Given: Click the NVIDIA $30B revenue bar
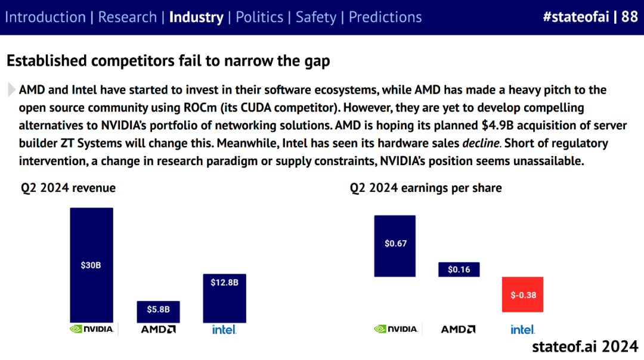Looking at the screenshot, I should pos(91,265).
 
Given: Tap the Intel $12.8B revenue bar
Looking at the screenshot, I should pos(224,298).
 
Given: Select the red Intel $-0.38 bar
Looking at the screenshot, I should pos(522,294).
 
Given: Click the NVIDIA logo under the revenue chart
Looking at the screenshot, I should pos(92,329).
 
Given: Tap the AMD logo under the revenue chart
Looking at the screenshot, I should pos(158,329).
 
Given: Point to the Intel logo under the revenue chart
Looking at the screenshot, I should pos(224,329).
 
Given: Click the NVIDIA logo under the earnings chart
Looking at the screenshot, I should pos(396,329).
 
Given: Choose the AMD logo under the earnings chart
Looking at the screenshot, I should pos(458,329).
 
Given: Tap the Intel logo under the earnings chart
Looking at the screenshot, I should pos(522,329).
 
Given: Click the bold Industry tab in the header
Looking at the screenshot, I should pos(196,17).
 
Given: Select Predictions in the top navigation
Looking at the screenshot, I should pos(385,17).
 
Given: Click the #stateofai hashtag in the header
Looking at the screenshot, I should pos(575,17).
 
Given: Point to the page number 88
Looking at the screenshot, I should pos(629,17).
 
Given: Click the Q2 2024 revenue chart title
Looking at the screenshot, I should pos(69,188).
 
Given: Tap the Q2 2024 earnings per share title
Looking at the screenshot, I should pos(426,188).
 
